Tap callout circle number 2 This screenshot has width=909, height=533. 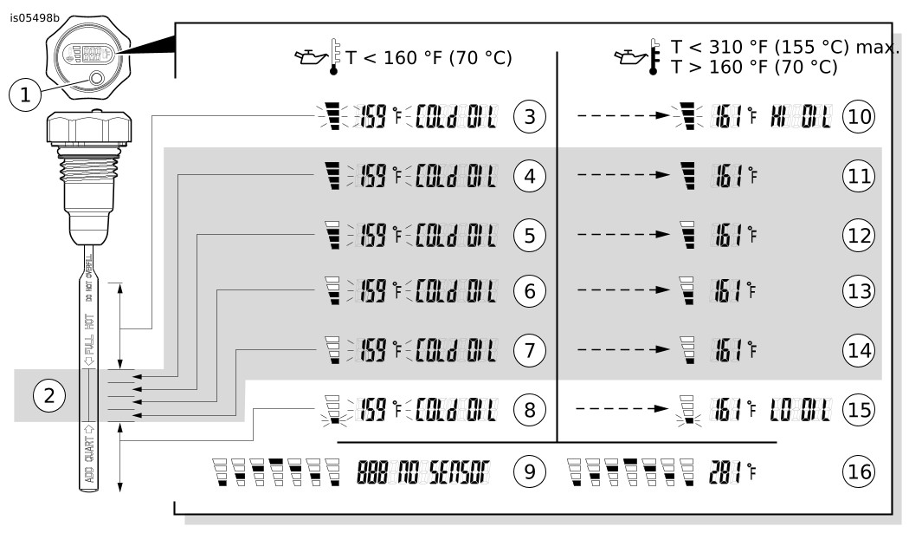[x=49, y=397]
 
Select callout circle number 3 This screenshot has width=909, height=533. [x=529, y=116]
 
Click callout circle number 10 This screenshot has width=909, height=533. [x=858, y=116]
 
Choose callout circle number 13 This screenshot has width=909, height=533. [x=858, y=292]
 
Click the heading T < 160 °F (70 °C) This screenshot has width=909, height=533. [x=429, y=59]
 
